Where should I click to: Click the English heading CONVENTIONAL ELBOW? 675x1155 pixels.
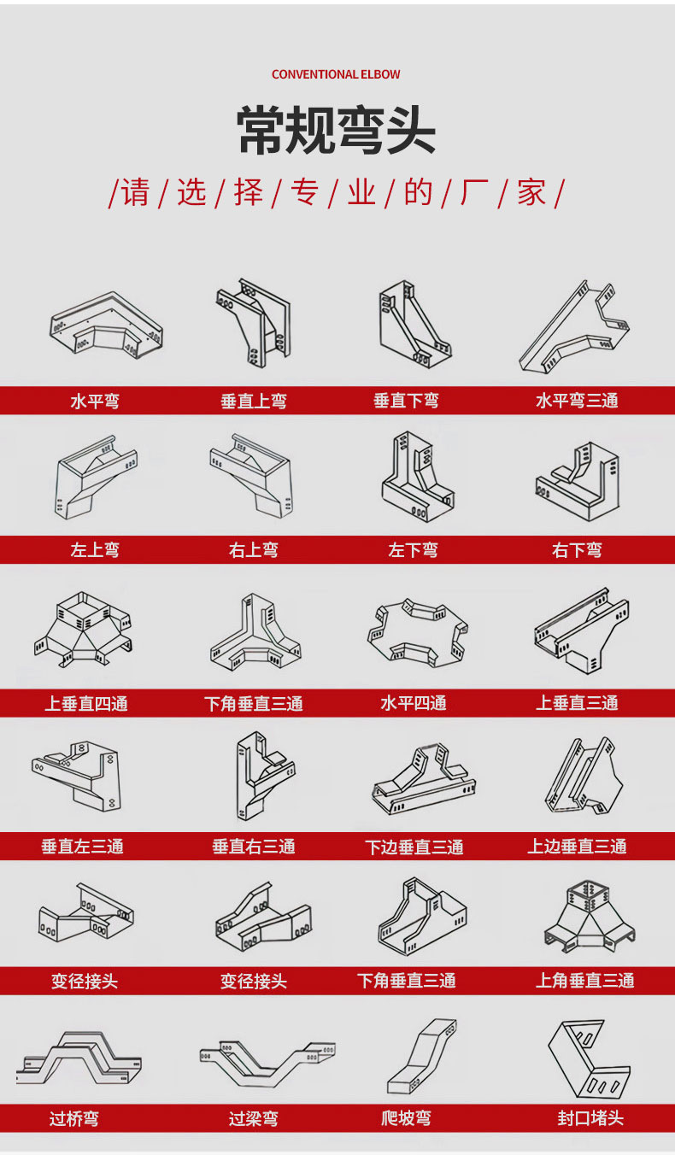(336, 74)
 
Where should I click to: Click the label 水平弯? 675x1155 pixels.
(95, 401)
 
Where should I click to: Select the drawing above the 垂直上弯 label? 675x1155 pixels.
(254, 323)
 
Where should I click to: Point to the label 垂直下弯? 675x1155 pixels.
(407, 401)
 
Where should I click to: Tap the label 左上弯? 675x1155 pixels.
(95, 550)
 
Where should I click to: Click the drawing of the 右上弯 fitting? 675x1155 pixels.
(252, 475)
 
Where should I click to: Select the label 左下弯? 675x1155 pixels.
(413, 550)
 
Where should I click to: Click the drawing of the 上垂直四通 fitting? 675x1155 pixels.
(83, 629)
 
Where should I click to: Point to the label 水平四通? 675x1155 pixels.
(413, 703)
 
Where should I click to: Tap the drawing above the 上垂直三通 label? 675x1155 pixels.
(582, 630)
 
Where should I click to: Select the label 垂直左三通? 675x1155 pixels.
(83, 846)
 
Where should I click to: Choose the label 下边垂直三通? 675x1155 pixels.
(414, 847)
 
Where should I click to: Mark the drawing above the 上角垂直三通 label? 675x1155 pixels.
(590, 919)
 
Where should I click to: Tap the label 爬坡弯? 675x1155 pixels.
(407, 1118)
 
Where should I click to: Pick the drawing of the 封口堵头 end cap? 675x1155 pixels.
(589, 1058)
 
